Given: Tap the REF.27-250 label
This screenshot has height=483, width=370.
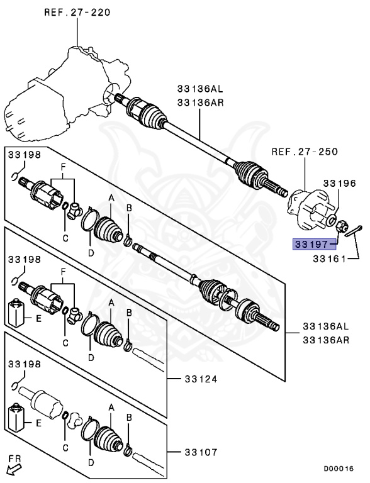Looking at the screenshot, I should [305, 152].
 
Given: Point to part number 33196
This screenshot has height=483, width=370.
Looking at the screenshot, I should [340, 183].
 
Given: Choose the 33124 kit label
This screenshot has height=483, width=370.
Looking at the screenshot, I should [201, 379].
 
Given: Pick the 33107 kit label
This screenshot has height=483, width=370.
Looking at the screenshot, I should [201, 451].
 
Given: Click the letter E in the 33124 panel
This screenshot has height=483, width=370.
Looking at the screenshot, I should [39, 319].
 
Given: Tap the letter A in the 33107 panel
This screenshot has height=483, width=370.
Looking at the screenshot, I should [111, 408].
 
